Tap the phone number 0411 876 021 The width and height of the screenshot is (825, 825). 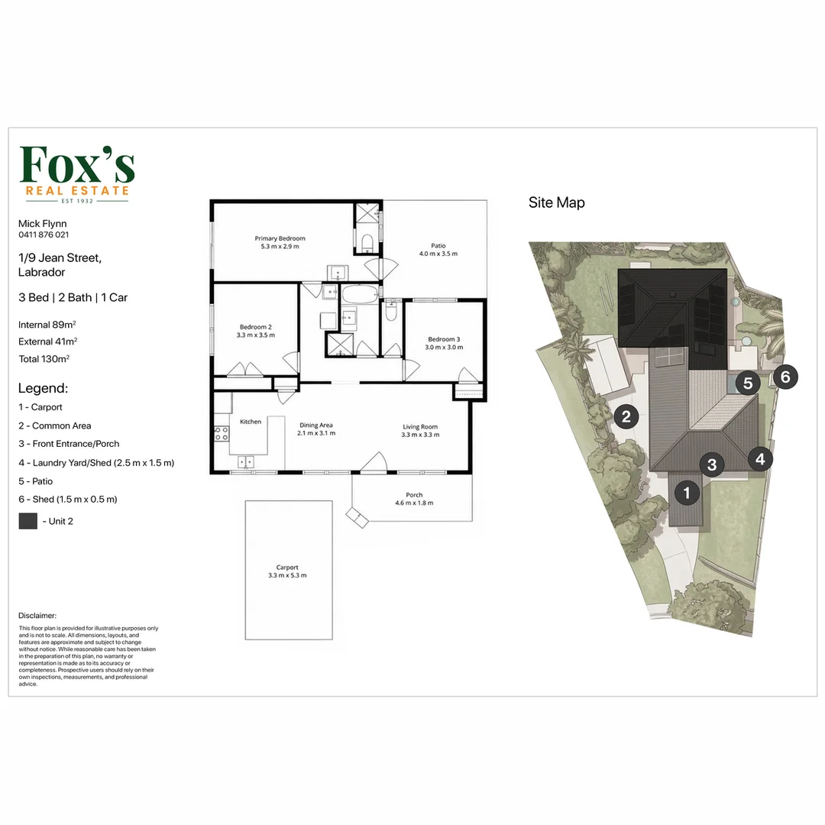click(44, 235)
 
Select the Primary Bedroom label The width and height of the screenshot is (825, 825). click(280, 242)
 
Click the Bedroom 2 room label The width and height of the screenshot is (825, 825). click(256, 331)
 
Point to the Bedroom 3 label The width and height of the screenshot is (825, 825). click(444, 343)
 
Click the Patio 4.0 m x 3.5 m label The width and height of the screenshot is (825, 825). click(438, 249)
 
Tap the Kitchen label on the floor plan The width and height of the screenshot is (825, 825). click(251, 422)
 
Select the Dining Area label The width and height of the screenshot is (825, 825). click(316, 429)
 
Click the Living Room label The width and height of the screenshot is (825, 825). click(420, 430)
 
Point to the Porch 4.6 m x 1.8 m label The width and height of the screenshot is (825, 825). click(414, 499)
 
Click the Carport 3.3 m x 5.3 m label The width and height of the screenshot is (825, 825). click(287, 571)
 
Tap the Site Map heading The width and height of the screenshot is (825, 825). click(557, 202)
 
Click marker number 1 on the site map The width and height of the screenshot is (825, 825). click(687, 493)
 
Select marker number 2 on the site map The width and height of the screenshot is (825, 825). click(626, 417)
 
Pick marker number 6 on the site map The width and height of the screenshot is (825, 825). click(785, 377)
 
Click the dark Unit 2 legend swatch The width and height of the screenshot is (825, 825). click(28, 521)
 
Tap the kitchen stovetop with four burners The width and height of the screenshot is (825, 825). click(222, 434)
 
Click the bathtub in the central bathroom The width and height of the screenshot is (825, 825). click(360, 294)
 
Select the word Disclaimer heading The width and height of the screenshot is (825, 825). click(37, 615)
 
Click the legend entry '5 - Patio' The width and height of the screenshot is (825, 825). click(35, 481)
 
